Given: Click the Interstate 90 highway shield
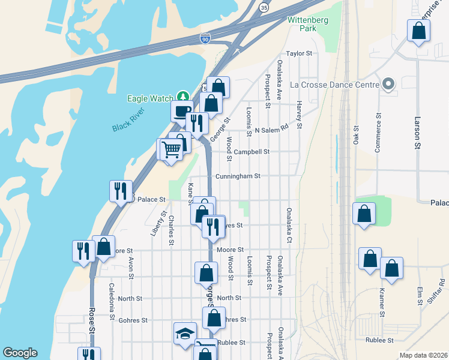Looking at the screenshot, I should click(205, 38).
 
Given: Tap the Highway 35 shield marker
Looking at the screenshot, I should click(264, 7).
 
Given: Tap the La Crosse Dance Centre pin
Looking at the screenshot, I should click(388, 85).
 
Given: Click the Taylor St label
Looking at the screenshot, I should click(300, 53).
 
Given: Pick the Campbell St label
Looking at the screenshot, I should click(252, 152).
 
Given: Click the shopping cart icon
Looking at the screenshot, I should click(171, 149).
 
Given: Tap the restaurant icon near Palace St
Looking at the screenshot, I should click(121, 191).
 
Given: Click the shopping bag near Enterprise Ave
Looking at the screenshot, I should click(418, 31).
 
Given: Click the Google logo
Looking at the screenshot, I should click(20, 353).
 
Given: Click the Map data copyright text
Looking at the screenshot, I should click(423, 355).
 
